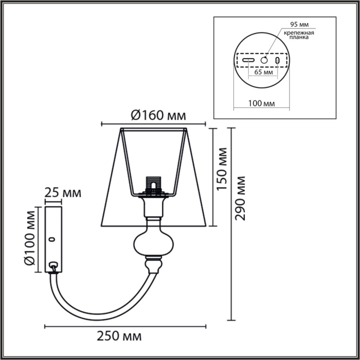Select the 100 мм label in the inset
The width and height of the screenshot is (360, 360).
pos(261,103)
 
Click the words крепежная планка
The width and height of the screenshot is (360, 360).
pos(297,35)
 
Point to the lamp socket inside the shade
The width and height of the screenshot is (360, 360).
pos(153,184)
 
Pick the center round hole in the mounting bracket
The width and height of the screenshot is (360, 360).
pos(264,60)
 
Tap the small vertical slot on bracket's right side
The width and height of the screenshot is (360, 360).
pos(278,61)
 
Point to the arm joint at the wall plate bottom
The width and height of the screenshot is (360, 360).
pos(52,267)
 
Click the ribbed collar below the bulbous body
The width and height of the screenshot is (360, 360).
pos(152,265)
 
